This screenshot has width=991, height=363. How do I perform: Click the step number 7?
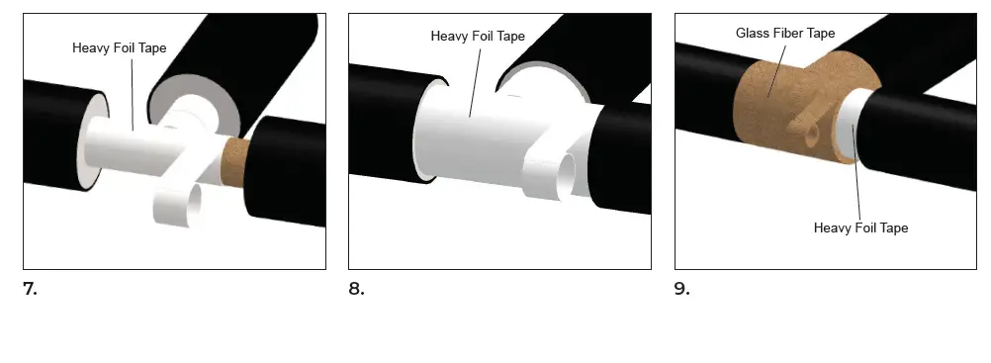point(30,290)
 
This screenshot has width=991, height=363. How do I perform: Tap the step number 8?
point(356,290)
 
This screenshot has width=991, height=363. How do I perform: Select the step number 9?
point(682,290)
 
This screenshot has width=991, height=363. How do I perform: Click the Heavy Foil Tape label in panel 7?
point(119,46)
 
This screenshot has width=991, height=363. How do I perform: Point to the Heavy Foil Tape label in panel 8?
point(477,36)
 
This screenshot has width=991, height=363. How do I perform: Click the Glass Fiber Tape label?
point(785,34)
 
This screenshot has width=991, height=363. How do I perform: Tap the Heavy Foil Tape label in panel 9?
point(860,228)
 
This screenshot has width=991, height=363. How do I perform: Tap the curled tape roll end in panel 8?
point(555,174)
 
